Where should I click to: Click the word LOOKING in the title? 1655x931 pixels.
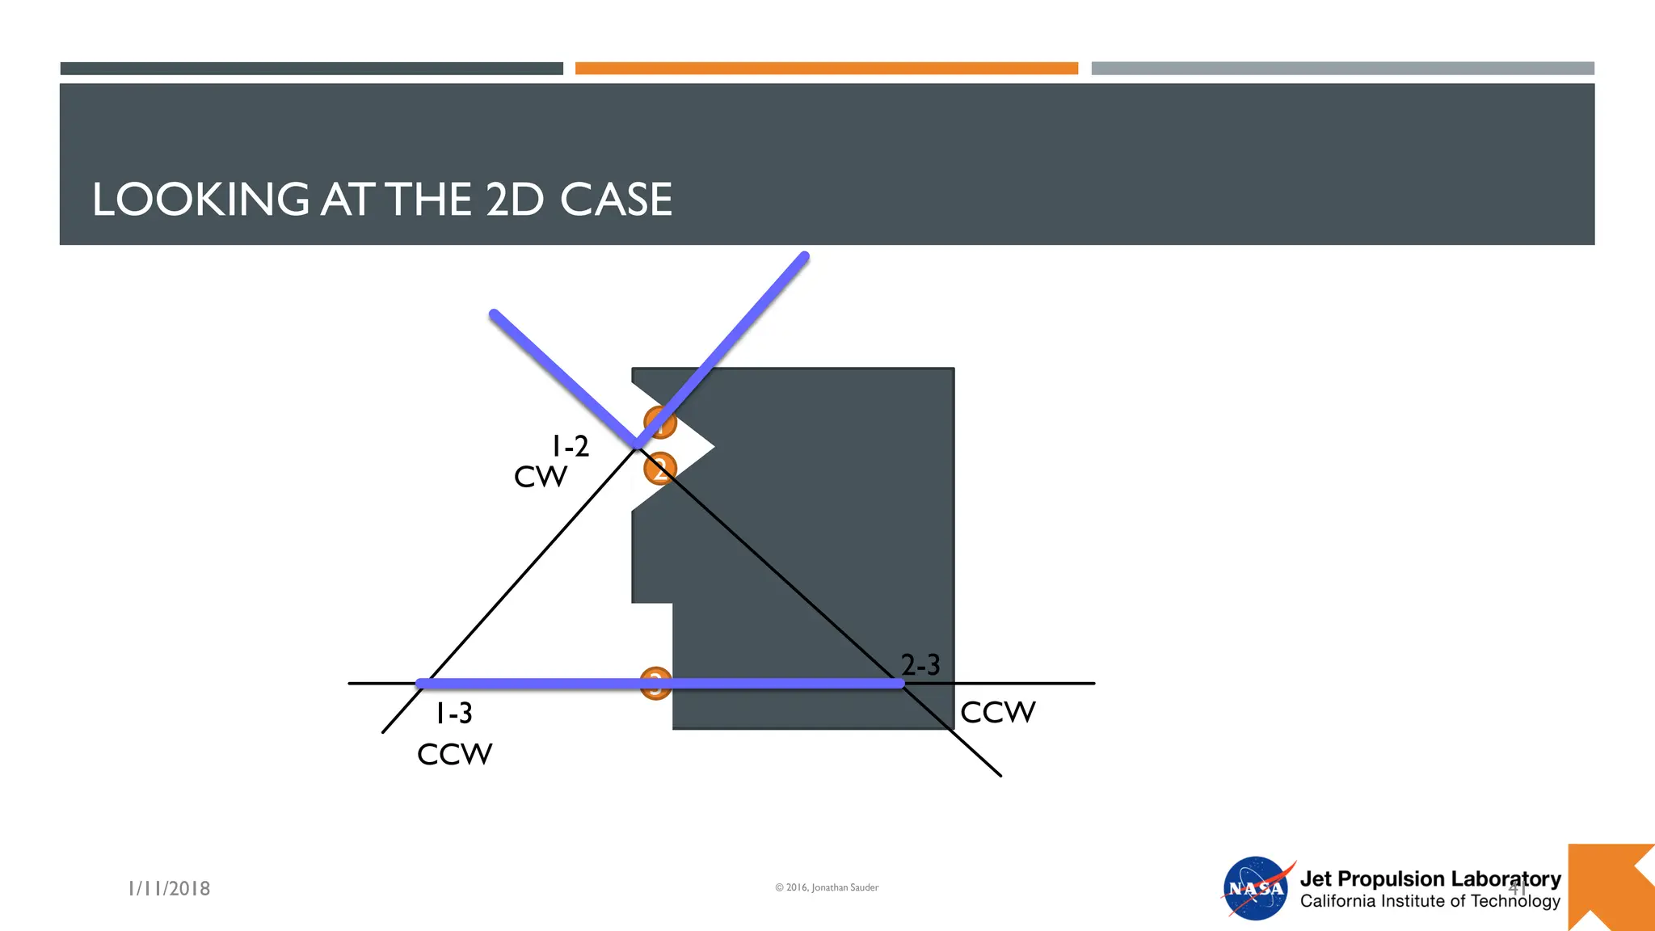point(200,199)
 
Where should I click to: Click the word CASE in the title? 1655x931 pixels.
point(616,199)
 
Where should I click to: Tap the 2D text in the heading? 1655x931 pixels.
point(514,199)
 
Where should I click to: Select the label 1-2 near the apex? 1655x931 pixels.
point(570,446)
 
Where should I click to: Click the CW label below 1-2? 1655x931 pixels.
point(541,477)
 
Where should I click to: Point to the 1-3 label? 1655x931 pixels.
point(454,713)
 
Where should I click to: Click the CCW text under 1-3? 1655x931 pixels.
point(454,754)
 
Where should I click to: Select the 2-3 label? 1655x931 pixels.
point(920,664)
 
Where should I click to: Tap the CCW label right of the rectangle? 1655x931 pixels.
point(997,712)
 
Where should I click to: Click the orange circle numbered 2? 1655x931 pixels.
point(659,469)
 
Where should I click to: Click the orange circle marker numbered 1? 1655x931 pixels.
point(659,422)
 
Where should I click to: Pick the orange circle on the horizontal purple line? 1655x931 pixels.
point(655,683)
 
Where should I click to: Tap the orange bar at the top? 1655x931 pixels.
point(826,69)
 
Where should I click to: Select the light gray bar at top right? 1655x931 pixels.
point(1342,69)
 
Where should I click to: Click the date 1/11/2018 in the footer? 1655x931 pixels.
point(169,888)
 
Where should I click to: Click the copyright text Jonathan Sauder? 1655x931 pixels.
point(827,887)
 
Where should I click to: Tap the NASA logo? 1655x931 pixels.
point(1256,888)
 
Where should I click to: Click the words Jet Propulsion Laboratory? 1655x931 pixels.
point(1430,878)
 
